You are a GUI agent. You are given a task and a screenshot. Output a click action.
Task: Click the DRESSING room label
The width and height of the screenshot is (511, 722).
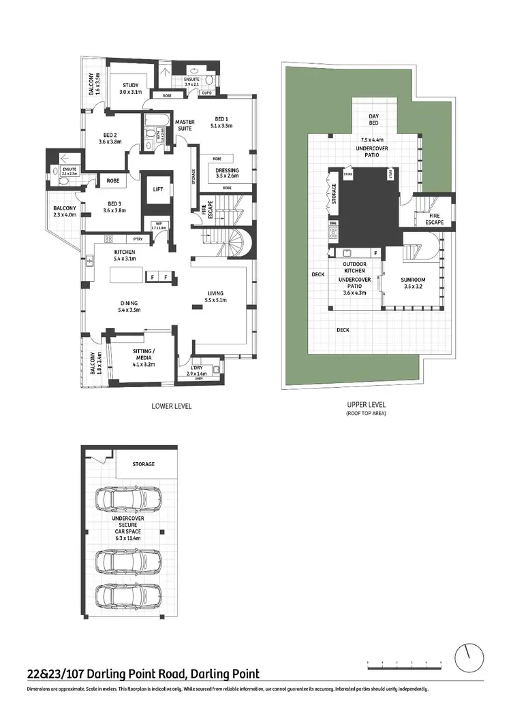click(227, 171)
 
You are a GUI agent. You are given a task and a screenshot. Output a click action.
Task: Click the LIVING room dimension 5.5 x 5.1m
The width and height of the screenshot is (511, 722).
click(215, 300)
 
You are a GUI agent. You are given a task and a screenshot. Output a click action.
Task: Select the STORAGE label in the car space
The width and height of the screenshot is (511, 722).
click(143, 464)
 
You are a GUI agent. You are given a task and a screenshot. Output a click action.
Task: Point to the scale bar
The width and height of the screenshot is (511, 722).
click(405, 661)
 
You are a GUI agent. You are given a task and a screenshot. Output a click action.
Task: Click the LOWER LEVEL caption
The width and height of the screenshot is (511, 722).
click(171, 406)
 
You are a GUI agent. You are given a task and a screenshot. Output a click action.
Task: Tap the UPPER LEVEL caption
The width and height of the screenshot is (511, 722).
click(367, 404)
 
